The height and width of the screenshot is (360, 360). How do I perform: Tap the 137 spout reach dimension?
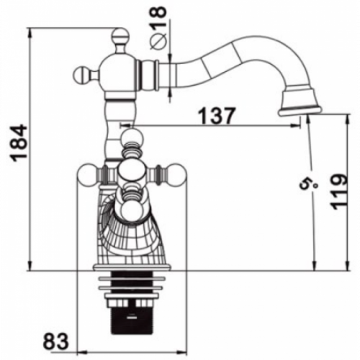point(217,115)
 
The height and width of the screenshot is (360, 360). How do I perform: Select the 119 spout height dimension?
point(338,192)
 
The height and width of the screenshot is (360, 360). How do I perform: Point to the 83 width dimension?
point(56,340)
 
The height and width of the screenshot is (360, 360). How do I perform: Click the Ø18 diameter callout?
point(158,27)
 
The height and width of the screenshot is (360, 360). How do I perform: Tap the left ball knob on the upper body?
point(80,74)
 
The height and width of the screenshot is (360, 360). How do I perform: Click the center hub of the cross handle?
point(132,171)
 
